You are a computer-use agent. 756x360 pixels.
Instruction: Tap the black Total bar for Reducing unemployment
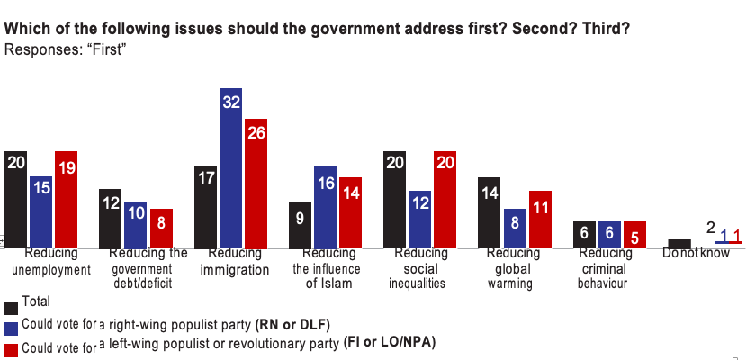tap(16, 198)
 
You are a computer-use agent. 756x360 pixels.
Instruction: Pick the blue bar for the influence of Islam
tap(325, 207)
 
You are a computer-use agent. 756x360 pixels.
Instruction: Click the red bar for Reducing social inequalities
tap(445, 198)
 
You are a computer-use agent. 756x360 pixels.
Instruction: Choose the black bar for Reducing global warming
tap(489, 211)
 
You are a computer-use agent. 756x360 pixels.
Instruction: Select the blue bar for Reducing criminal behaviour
tap(610, 234)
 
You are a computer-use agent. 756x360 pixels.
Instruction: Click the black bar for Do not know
tap(679, 243)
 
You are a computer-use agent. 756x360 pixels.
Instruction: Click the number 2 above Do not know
tap(710, 229)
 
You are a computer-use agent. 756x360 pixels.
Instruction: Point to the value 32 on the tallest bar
tap(231, 103)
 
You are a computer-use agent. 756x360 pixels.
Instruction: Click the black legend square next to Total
tap(11, 307)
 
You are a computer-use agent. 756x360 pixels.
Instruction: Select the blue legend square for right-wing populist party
tap(11, 328)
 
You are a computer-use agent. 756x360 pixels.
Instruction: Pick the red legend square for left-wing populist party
tap(11, 349)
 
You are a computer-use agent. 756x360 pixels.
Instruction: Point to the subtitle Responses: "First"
tap(65, 49)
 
